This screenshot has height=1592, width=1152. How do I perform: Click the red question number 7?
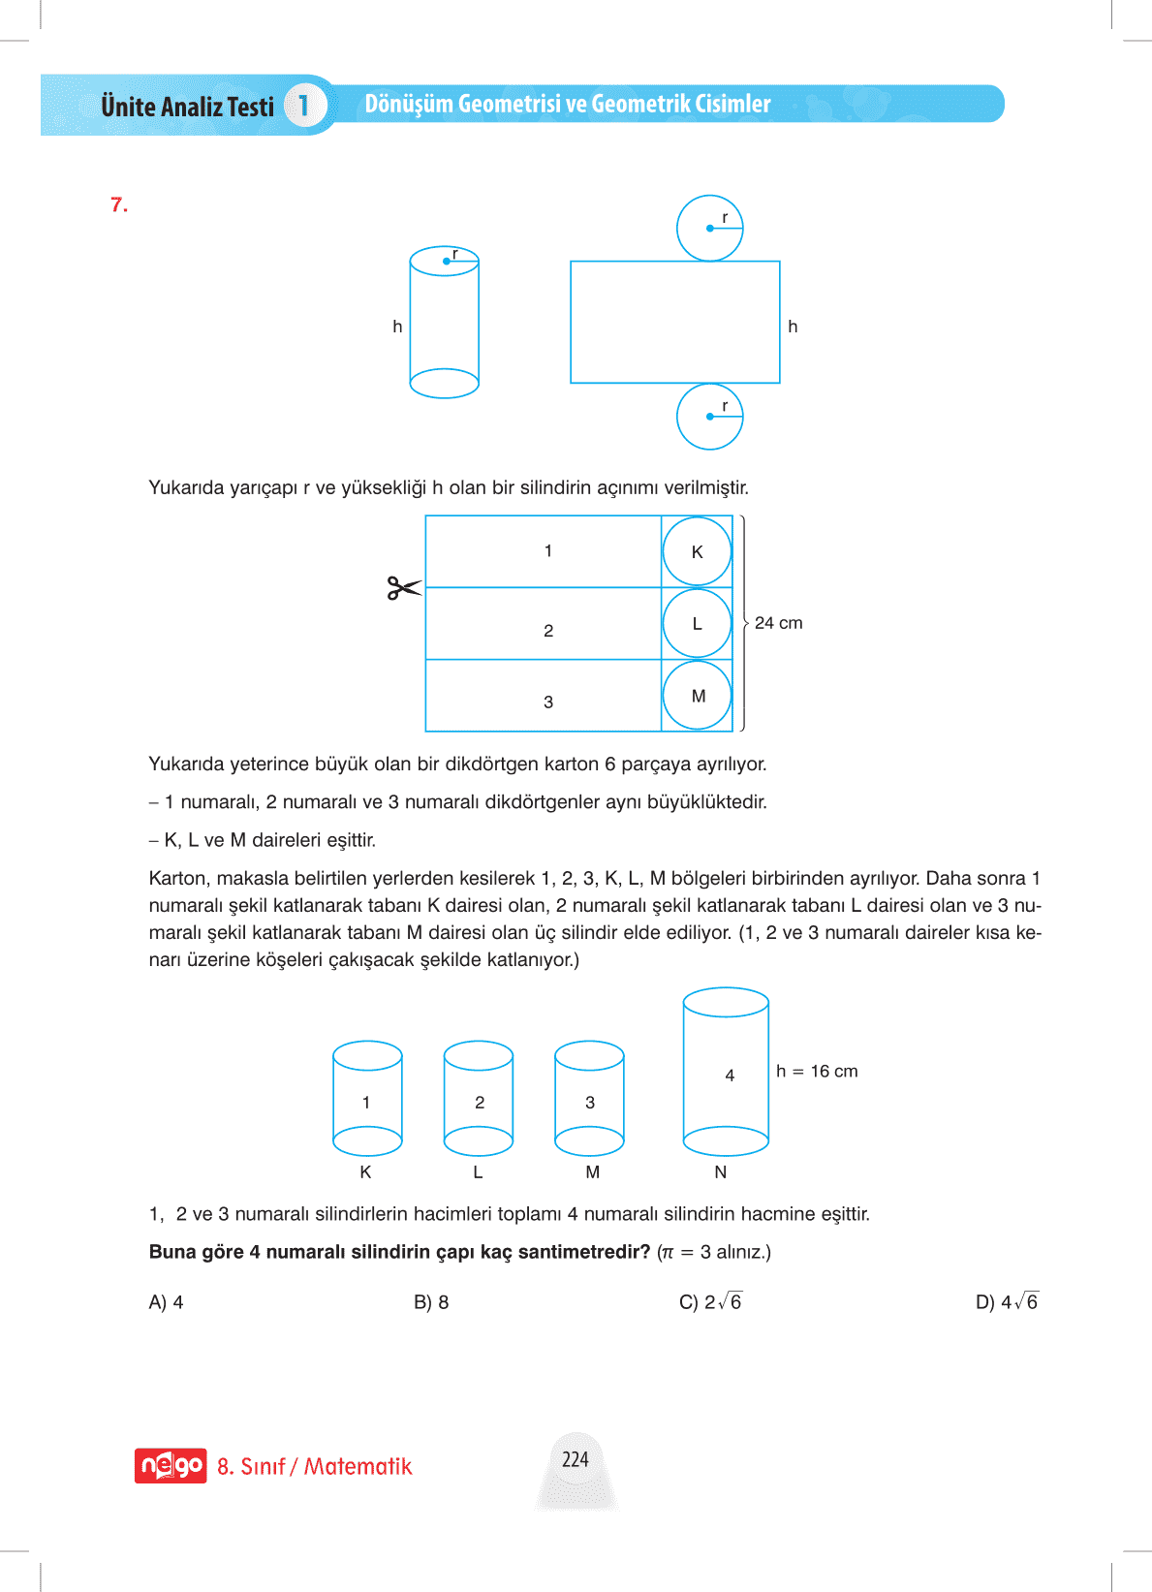[x=119, y=205]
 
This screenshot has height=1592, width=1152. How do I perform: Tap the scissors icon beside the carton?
[x=403, y=588]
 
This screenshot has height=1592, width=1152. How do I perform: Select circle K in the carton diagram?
[x=697, y=551]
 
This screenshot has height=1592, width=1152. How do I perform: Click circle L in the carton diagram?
[x=697, y=623]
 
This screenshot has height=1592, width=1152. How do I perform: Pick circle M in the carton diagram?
[x=698, y=696]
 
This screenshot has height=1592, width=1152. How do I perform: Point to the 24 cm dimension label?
[x=778, y=623]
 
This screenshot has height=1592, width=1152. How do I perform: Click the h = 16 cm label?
[x=817, y=1071]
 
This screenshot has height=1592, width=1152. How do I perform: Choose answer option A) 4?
[x=166, y=1302]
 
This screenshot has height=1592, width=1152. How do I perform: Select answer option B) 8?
[x=431, y=1302]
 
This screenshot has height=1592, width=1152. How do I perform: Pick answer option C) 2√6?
[x=710, y=1302]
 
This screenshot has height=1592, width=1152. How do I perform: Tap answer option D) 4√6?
[x=1006, y=1302]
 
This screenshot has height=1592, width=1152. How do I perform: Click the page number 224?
[x=576, y=1459]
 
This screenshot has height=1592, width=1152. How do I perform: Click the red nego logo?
[x=171, y=1466]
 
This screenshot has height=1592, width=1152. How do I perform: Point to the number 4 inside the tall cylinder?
[x=730, y=1076]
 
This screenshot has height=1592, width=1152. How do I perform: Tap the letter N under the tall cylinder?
[x=720, y=1172]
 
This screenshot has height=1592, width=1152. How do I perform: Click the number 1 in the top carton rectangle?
[x=548, y=551]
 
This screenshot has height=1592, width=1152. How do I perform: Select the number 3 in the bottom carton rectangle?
[x=548, y=702]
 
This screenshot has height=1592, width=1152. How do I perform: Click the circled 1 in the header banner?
[x=303, y=105]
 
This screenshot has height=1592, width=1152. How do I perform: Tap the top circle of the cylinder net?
[x=709, y=229]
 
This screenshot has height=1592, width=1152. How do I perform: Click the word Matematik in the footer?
[x=358, y=1466]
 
